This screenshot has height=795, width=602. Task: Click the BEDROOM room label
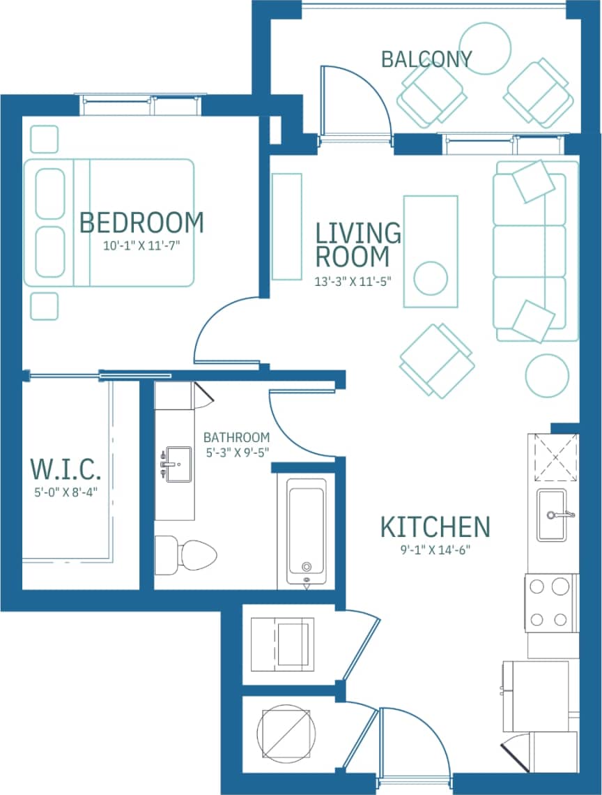click(141, 222)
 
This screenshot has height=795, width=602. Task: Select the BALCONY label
click(426, 59)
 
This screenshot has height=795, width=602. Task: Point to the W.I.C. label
click(66, 469)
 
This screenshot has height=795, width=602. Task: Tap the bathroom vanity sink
click(177, 462)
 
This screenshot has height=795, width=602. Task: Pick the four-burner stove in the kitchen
click(550, 603)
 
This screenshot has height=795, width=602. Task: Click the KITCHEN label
click(435, 527)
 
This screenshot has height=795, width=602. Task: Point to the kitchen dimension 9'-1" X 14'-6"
click(435, 550)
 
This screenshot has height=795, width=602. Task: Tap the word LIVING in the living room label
click(358, 233)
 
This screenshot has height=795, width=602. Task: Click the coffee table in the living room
click(431, 251)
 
